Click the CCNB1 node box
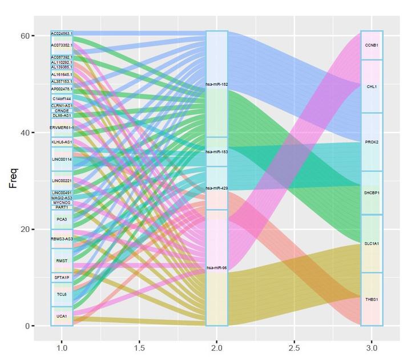(372, 45)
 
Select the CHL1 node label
(372, 86)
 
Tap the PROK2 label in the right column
(372, 141)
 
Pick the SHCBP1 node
(372, 193)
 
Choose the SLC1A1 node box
(372, 243)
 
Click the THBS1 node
(372, 299)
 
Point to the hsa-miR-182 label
(216, 85)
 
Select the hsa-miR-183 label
(216, 152)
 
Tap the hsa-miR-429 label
(216, 188)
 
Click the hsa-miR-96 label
(216, 267)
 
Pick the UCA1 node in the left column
(62, 316)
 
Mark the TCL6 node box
(62, 294)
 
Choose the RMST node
(62, 261)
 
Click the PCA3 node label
(62, 219)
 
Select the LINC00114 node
(62, 159)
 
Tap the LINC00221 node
(62, 181)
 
